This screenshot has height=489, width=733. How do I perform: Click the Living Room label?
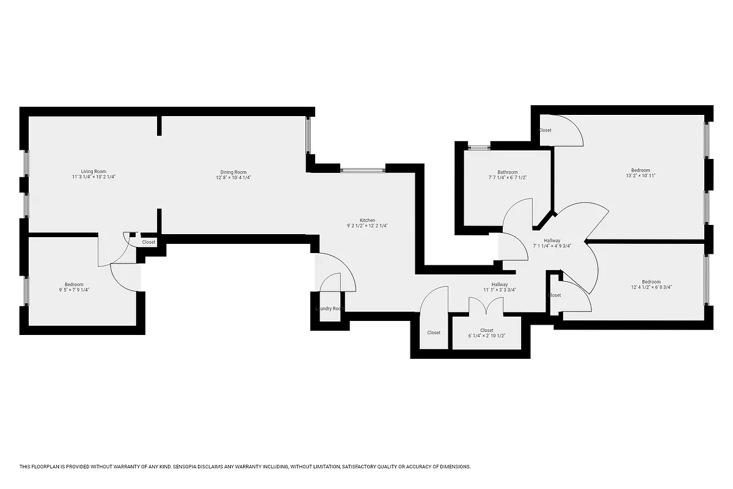tap(93, 171)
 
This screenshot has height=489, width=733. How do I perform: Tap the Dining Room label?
tap(233, 172)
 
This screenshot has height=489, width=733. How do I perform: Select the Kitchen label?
tap(367, 220)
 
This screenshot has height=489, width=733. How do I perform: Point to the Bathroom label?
tap(508, 172)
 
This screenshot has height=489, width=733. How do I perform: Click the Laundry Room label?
tap(330, 309)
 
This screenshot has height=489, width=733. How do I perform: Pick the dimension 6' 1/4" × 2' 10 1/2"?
tap(487, 336)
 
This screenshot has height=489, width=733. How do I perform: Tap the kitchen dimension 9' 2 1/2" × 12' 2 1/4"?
tap(367, 226)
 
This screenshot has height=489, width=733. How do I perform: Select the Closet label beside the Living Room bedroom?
tap(148, 242)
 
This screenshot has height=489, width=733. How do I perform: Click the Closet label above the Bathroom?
tap(545, 130)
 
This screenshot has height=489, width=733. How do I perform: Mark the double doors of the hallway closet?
tap(486, 306)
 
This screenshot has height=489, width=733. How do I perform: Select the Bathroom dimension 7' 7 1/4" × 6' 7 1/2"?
tap(508, 177)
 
